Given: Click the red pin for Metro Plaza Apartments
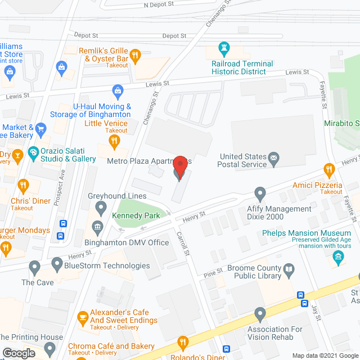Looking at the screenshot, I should (180, 167).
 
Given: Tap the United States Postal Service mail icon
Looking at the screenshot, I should (274, 157).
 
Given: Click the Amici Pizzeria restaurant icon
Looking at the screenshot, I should (329, 169).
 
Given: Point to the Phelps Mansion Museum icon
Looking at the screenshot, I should (339, 259).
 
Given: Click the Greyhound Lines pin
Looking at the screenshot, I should (101, 209).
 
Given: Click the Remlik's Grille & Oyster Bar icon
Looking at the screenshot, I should (135, 55).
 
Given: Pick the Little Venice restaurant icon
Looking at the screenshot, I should (115, 141).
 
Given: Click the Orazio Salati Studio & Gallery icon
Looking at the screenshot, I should (33, 152).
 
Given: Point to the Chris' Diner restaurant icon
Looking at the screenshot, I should (23, 184).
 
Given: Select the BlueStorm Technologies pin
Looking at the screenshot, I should (57, 263).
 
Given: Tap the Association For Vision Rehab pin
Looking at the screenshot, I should (260, 313).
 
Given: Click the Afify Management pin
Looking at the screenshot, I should (260, 194).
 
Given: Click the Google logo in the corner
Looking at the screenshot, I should (19, 353).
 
